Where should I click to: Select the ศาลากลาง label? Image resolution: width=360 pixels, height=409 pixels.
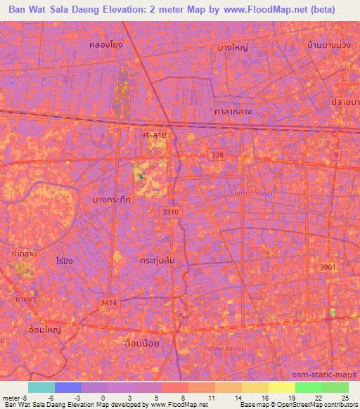point(233,112)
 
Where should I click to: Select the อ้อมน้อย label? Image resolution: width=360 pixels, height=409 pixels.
point(141,342)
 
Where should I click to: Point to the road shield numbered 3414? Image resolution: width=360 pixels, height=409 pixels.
point(109,302)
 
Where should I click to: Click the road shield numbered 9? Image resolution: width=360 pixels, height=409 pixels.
point(336,153)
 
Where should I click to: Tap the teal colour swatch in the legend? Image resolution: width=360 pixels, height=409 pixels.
point(41,387)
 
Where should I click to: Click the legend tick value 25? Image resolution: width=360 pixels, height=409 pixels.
point(345,398)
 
